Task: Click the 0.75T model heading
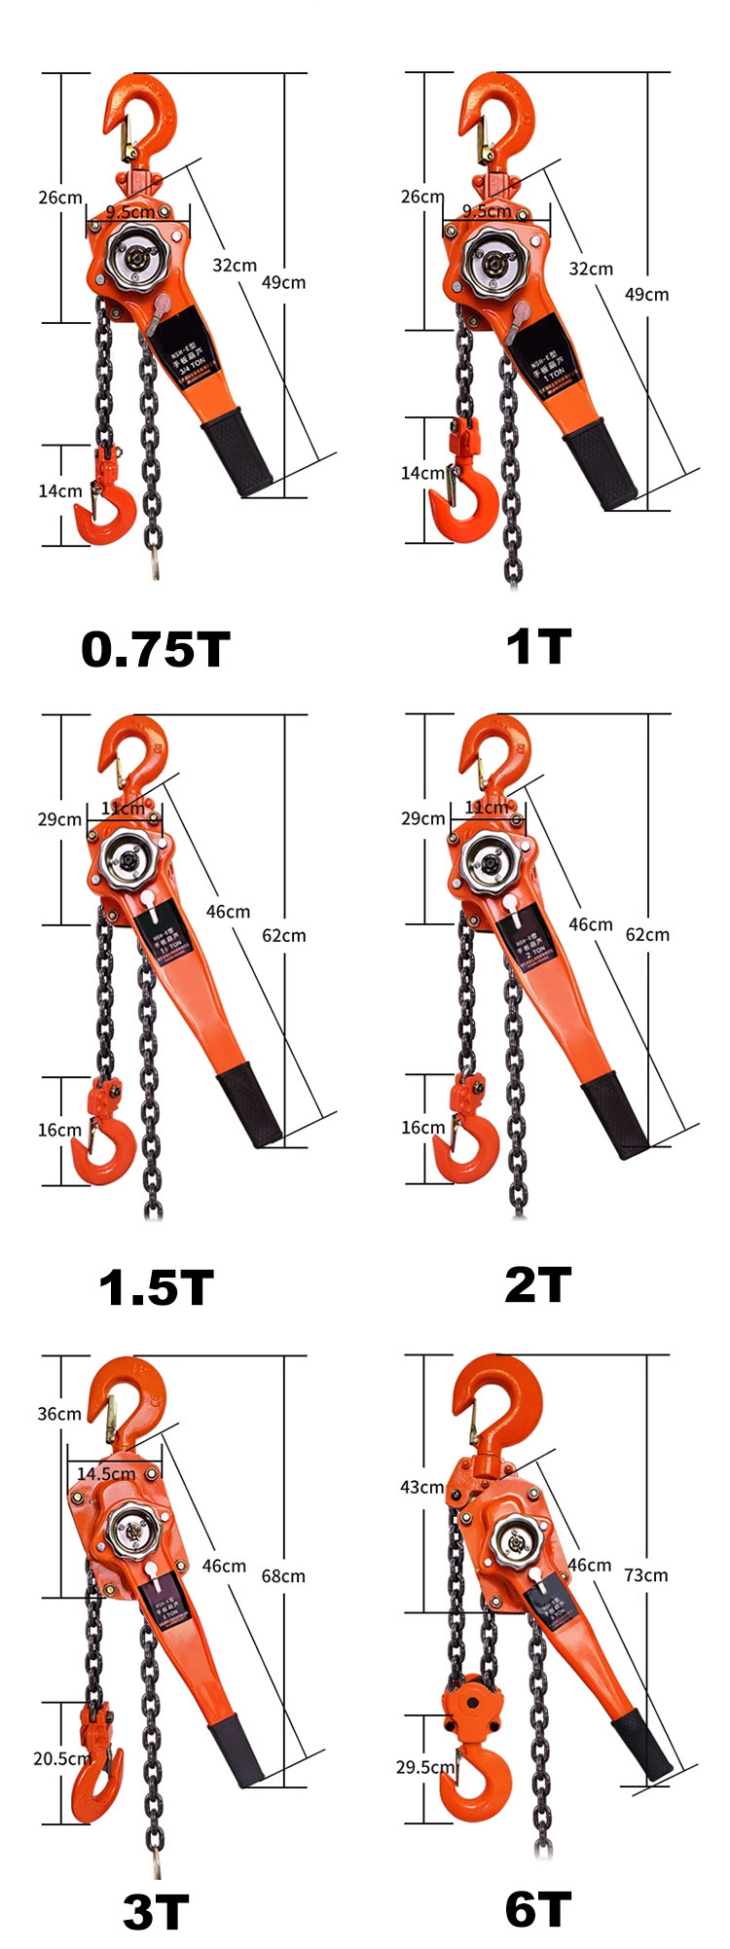[156, 649]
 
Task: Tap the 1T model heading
[538, 647]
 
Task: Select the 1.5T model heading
[156, 1287]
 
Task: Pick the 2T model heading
[538, 1284]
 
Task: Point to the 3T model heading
[156, 1912]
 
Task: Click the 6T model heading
[538, 1909]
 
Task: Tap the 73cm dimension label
[645, 1574]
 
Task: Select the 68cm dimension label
[283, 1575]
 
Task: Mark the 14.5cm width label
[106, 1473]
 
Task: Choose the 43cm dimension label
[421, 1487]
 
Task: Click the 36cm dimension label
[59, 1413]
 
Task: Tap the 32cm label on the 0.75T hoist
[235, 265]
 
